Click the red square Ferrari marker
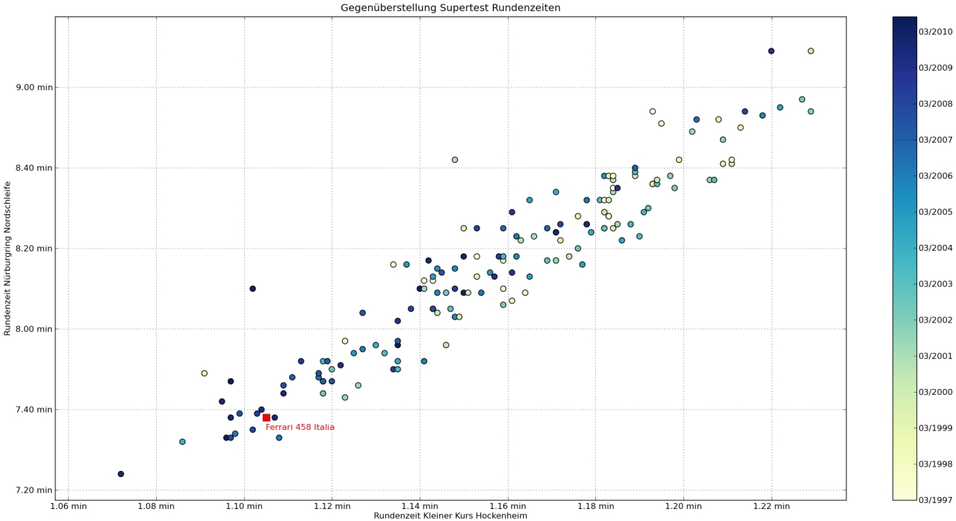coord(266,417)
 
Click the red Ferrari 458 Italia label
coord(299,428)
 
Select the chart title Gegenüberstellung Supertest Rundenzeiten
coord(450,8)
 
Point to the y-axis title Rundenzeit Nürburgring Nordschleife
coord(7,258)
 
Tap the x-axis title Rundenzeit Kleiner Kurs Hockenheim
coord(450,515)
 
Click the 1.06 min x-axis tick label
coord(68,505)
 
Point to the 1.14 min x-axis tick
coord(420,505)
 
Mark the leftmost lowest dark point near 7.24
coord(121,474)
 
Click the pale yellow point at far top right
coord(810,52)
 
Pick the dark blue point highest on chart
coord(771,52)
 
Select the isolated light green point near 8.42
coord(455,160)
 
